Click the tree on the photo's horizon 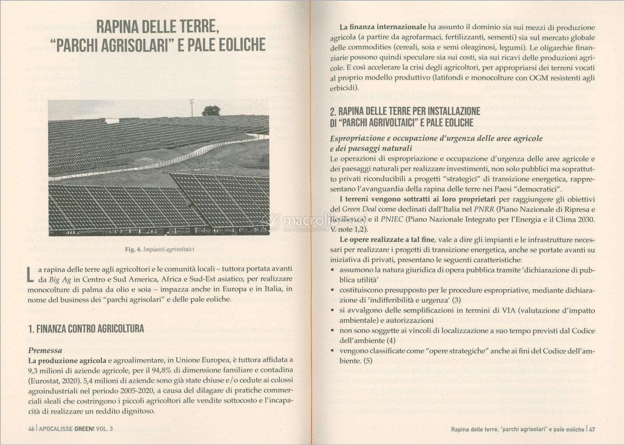point(211,110)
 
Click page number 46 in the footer point(32,429)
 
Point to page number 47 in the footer point(592,429)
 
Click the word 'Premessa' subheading point(45,351)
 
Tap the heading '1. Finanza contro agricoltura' point(86,329)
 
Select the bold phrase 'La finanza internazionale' point(382,27)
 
